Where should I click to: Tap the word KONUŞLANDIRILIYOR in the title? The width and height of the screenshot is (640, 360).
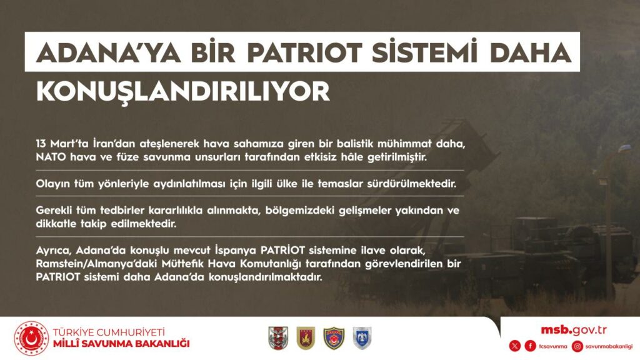click(183, 91)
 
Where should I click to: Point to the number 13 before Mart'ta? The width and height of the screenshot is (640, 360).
click(41, 144)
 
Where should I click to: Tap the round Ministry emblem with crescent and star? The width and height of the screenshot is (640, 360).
click(31, 338)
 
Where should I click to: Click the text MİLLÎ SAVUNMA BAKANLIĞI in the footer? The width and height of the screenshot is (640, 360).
click(121, 344)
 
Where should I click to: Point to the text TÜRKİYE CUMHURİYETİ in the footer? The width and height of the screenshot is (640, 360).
click(109, 332)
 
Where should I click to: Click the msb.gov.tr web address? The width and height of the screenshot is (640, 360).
click(574, 330)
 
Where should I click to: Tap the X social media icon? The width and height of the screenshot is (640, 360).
click(515, 346)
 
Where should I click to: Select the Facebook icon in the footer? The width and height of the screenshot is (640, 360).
click(530, 346)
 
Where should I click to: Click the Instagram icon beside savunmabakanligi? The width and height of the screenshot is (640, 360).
click(577, 346)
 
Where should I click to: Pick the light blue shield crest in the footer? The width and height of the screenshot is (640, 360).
click(362, 338)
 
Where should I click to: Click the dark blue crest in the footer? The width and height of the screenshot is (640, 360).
click(334, 338)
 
